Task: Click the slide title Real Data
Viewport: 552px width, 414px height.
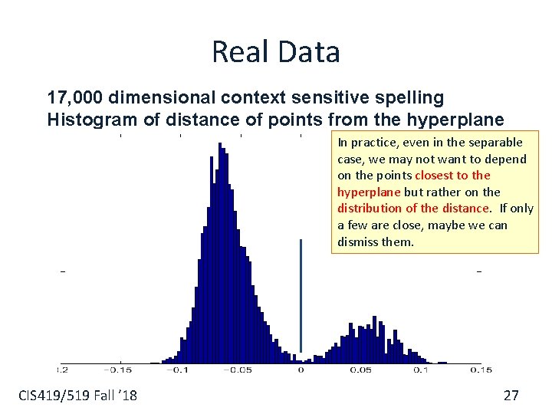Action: [275, 52]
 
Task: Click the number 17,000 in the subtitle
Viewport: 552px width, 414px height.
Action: [75, 98]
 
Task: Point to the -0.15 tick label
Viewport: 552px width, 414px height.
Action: [120, 370]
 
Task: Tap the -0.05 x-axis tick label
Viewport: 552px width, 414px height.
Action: [238, 370]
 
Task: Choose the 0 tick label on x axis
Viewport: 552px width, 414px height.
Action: [301, 370]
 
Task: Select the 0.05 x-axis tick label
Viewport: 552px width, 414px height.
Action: [360, 370]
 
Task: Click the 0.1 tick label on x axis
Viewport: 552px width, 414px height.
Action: [421, 370]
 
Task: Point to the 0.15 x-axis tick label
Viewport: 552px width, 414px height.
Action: [480, 370]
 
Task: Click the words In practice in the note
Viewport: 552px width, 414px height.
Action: [361, 143]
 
